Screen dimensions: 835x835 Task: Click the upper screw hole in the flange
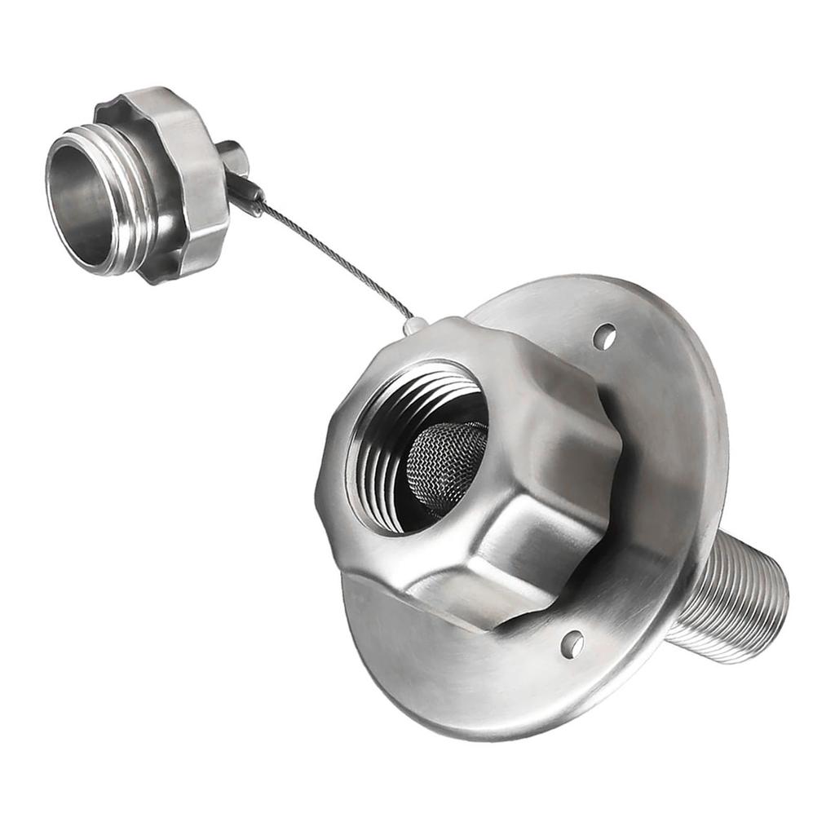604,335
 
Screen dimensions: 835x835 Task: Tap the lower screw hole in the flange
572,643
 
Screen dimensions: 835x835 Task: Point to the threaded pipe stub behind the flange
726,599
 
